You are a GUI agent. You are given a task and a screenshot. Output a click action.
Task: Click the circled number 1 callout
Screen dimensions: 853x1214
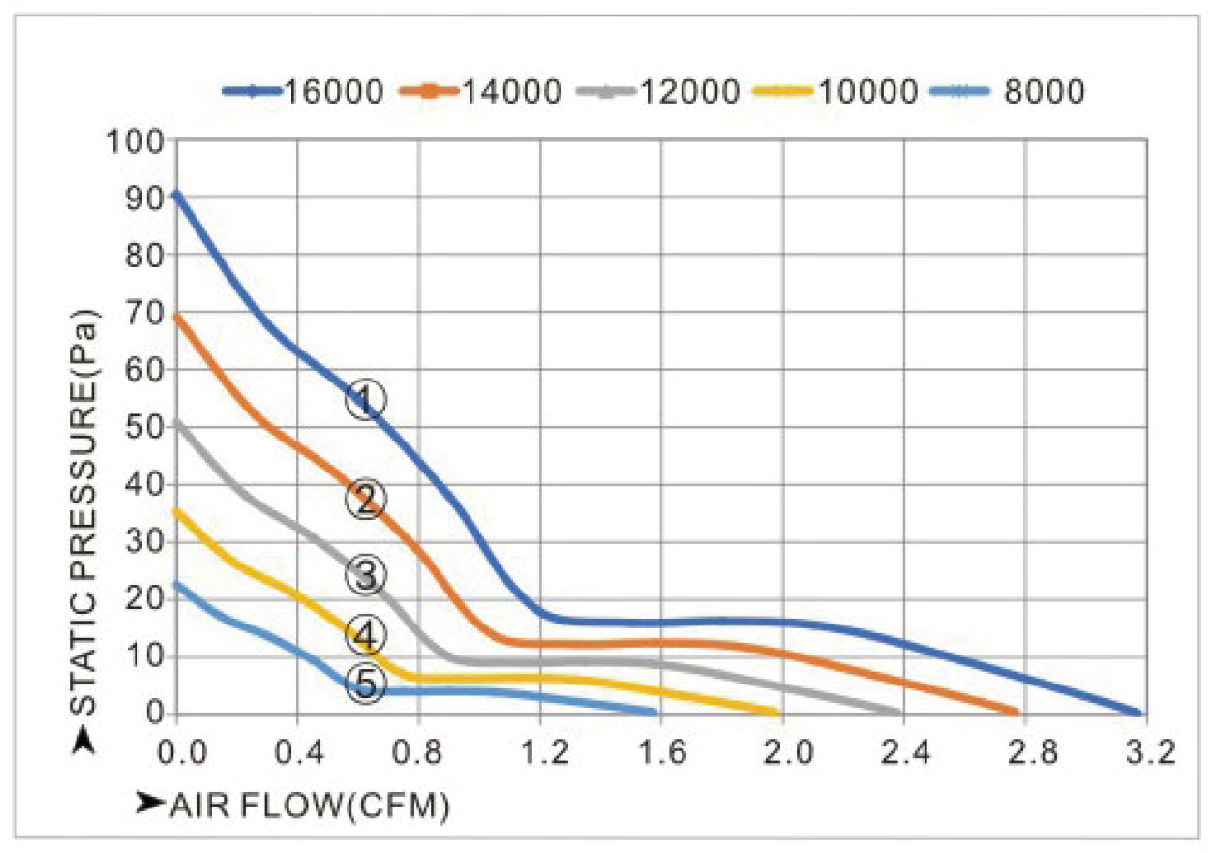click(x=366, y=399)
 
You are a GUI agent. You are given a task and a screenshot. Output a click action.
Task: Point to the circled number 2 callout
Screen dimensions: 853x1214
click(x=366, y=500)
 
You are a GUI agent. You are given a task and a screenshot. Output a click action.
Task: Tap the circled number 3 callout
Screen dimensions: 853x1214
click(x=366, y=573)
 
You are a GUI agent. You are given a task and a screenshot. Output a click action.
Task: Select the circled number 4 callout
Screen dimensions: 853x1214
click(x=366, y=635)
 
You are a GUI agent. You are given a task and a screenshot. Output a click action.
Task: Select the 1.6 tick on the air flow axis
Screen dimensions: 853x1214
click(x=663, y=751)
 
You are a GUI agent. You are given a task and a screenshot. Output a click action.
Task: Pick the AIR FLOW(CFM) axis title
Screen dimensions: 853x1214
click(x=295, y=804)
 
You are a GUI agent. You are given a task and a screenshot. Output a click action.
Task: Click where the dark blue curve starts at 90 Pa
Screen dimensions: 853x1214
click(x=175, y=194)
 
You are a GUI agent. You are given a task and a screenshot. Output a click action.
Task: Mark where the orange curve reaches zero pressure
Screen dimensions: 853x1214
click(x=1017, y=712)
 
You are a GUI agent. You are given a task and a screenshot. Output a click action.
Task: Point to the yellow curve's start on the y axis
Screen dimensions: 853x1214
click(x=175, y=511)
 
